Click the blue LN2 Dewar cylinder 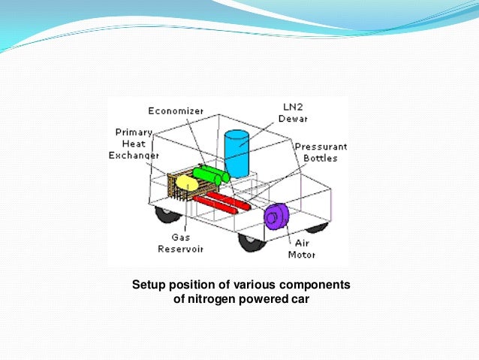point(236,153)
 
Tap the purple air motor point(276,216)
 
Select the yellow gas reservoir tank point(186,182)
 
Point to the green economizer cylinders point(211,175)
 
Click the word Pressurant point(319,147)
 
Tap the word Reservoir point(178,249)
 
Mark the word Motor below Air point(301,254)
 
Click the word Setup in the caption point(148,285)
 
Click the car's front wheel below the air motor point(253,242)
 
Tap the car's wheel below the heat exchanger point(167,213)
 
